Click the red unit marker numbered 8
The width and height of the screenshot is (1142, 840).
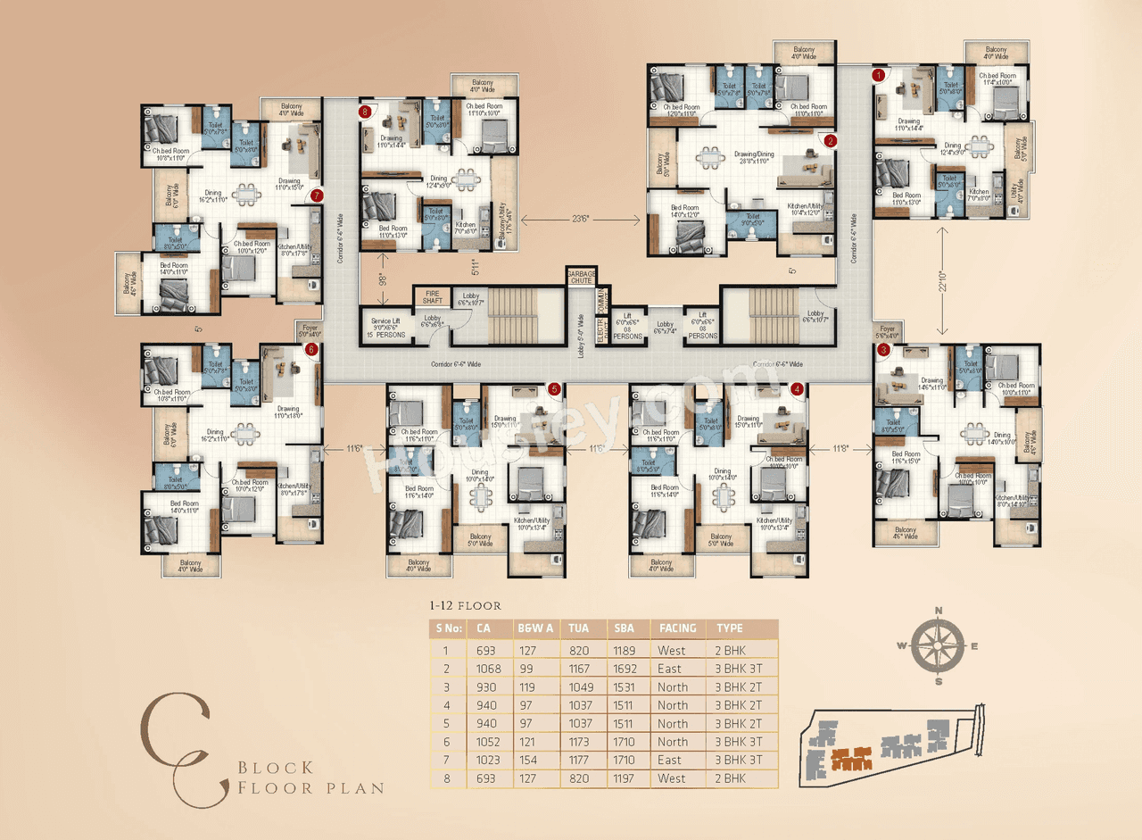click(x=365, y=112)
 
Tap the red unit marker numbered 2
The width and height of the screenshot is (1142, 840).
click(x=830, y=140)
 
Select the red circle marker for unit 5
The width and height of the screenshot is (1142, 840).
click(x=554, y=389)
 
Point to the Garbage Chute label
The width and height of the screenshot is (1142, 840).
click(x=581, y=276)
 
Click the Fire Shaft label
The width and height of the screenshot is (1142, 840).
click(x=433, y=297)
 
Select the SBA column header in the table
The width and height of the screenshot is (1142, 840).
click(x=623, y=628)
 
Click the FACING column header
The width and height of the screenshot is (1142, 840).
click(x=677, y=628)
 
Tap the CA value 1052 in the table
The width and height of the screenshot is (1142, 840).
click(x=489, y=742)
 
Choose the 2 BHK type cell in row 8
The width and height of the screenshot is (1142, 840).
click(x=731, y=778)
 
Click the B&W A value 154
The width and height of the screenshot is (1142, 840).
click(x=528, y=761)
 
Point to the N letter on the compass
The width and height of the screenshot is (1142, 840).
click(x=939, y=611)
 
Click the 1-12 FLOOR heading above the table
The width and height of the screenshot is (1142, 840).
click(x=466, y=606)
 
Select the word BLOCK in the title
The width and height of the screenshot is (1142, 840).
click(x=276, y=768)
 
